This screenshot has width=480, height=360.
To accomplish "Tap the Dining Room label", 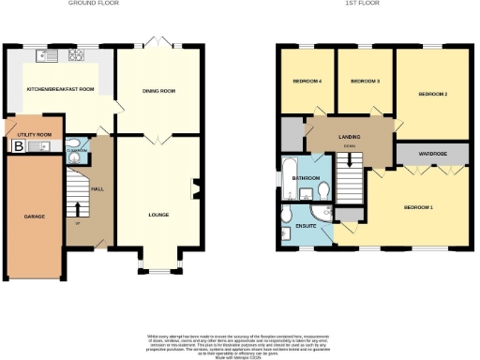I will (158, 91).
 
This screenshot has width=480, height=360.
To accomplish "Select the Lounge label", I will (158, 215).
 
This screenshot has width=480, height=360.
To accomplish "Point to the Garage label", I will (34, 217).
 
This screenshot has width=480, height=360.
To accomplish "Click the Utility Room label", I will (33, 135).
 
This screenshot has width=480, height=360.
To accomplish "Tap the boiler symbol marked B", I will (18, 146).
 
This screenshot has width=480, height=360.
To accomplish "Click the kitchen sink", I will (55, 53).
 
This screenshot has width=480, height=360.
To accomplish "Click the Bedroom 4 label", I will (307, 82).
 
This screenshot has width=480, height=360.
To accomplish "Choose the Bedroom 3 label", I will (365, 82).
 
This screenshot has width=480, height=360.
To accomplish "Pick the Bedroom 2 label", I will (431, 94).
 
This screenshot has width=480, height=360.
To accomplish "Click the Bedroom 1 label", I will (417, 206).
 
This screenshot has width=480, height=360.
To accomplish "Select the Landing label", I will (349, 137).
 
